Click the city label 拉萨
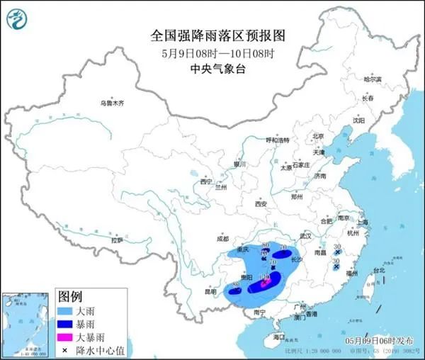coord(116,240)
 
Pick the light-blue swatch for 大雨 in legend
coord(67,310)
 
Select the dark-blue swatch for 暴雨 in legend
coord(67,324)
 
